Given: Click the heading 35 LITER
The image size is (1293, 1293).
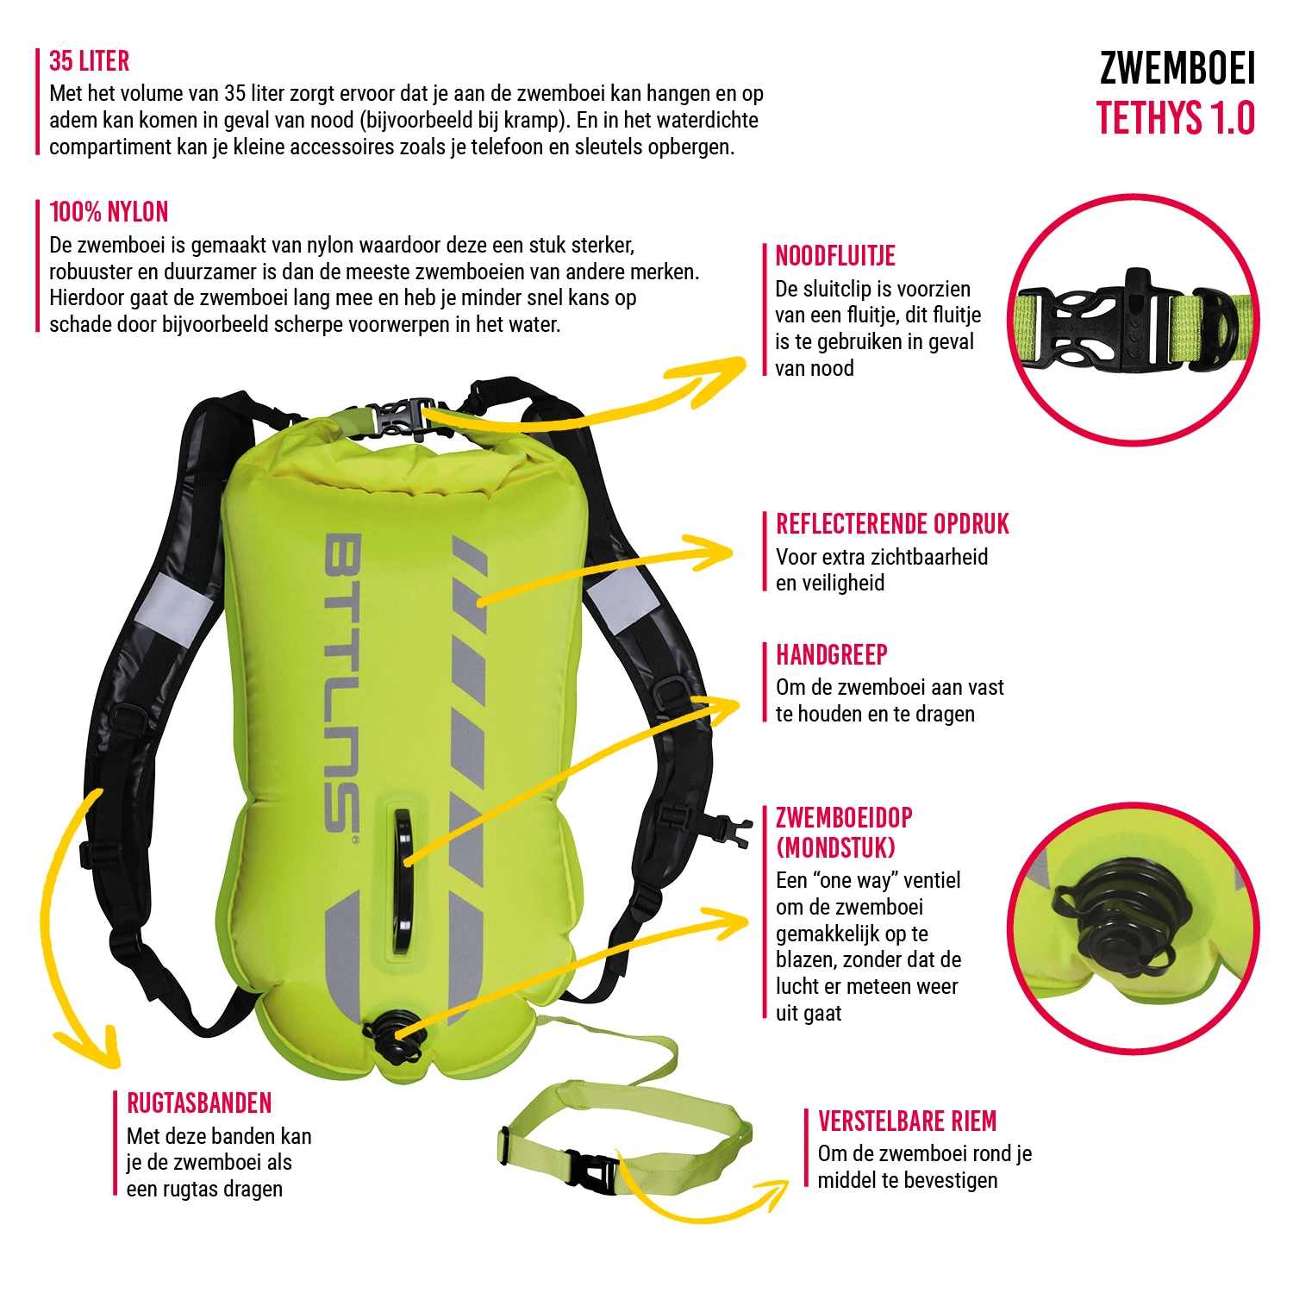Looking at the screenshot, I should (x=90, y=61).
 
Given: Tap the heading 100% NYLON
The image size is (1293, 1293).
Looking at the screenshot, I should (x=109, y=212).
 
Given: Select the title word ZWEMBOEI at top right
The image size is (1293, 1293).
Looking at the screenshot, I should (x=1177, y=69).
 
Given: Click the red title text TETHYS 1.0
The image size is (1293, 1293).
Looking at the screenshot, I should (x=1175, y=119).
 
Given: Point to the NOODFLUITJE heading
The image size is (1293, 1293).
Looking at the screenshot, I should (x=835, y=256).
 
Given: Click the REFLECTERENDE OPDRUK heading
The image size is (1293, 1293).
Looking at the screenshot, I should (x=892, y=524).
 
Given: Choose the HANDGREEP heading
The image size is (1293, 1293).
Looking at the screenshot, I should (x=832, y=655).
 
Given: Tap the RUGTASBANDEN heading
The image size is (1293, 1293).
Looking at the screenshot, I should (x=199, y=1103).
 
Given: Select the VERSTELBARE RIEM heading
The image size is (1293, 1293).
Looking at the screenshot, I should (x=907, y=1121).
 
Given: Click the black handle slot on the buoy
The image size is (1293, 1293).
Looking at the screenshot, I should (x=402, y=879).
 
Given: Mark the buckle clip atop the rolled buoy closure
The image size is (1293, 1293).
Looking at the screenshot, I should (x=402, y=418).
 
